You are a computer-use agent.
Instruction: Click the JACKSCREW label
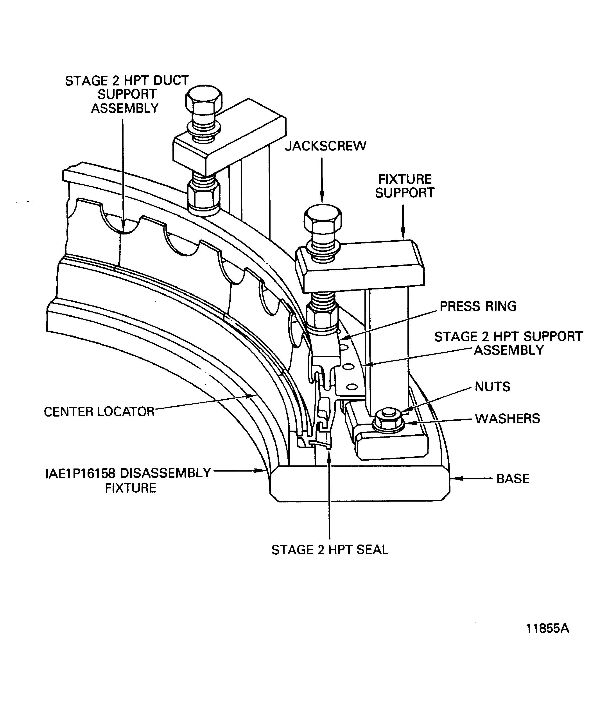point(326,146)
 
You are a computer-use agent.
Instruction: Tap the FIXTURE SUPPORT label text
point(405,186)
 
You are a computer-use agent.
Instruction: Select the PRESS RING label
point(478,306)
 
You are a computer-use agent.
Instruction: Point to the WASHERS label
point(507,419)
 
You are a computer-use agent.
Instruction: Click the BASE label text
point(513,479)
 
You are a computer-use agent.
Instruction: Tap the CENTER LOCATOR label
point(99,412)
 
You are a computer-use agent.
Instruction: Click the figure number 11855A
point(547,628)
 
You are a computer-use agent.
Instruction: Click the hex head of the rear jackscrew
point(204,100)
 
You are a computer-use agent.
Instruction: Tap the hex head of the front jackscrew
point(323,220)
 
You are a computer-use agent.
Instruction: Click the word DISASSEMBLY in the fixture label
point(165,473)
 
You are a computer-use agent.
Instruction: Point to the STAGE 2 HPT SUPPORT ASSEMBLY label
point(508,343)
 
